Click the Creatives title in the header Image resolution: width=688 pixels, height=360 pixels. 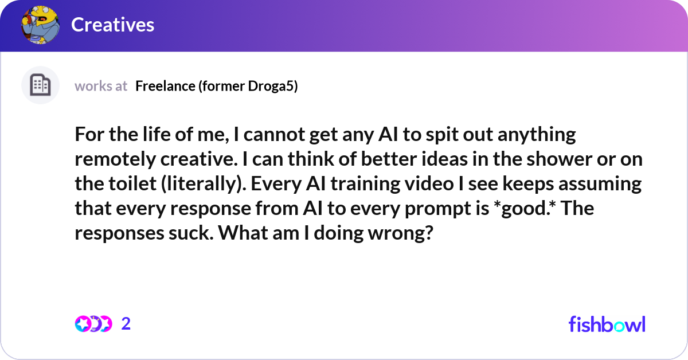[x=112, y=25]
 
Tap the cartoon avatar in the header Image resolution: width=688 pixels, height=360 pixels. [x=40, y=25]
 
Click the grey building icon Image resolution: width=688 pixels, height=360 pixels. [x=40, y=85]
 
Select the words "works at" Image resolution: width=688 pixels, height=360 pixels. [x=101, y=86]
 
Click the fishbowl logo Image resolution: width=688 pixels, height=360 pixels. [x=607, y=324]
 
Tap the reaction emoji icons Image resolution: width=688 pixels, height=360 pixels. [x=93, y=324]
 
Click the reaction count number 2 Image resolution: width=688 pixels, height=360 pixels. [x=126, y=324]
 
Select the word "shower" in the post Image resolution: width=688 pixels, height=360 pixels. [x=554, y=159]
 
